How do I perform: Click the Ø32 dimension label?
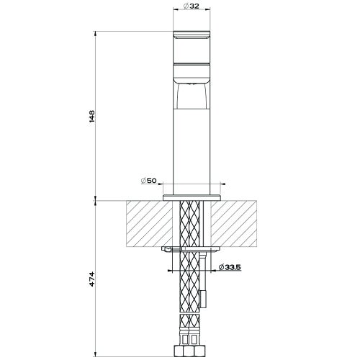click(191, 6)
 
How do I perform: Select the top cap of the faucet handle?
click(191, 36)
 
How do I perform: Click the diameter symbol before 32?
click(186, 6)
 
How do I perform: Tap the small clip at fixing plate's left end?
click(168, 248)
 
